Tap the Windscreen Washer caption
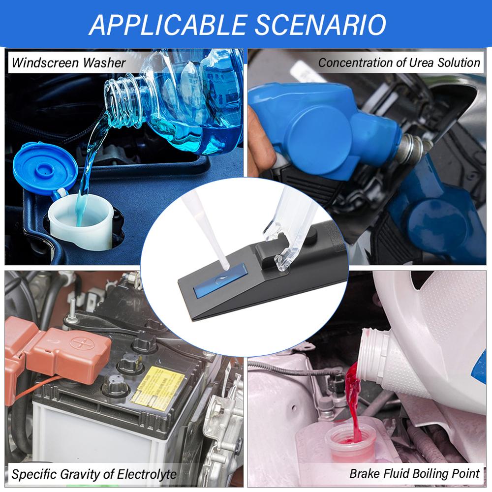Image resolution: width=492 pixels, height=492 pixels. (x=69, y=63)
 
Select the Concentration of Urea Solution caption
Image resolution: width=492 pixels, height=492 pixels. (x=399, y=62)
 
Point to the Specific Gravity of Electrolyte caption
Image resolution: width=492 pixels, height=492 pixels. (x=94, y=474)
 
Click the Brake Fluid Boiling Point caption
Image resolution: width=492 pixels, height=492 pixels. (x=414, y=474)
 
